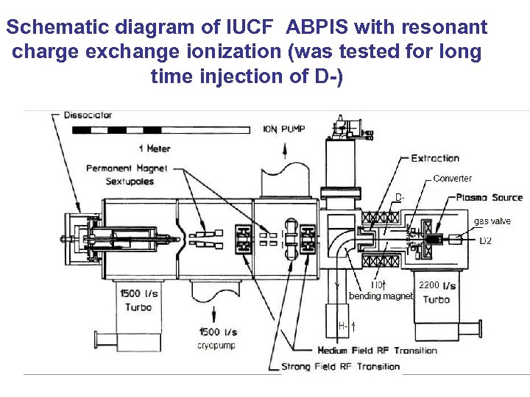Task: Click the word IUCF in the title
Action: [248, 28]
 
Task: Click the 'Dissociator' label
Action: [88, 115]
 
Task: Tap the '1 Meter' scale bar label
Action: [154, 148]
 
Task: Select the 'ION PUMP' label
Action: [284, 130]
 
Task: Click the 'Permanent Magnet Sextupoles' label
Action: [127, 175]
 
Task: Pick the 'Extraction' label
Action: [434, 158]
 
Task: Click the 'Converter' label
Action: [452, 179]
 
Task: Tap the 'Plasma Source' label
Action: [489, 197]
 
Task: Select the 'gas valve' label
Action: [491, 221]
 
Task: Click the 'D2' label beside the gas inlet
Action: [486, 240]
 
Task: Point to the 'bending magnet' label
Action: [381, 296]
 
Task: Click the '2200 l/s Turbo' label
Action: [437, 292]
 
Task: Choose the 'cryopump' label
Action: [216, 345]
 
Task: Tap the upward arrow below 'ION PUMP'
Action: [286, 151]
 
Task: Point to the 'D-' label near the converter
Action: [399, 197]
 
